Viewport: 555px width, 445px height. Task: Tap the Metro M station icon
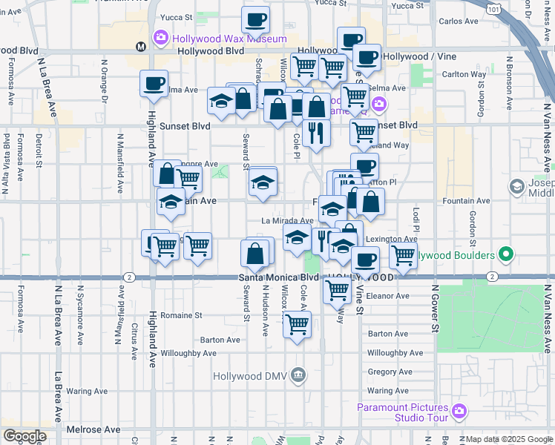click(x=140, y=47)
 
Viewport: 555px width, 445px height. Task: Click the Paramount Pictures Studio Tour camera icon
click(x=459, y=410)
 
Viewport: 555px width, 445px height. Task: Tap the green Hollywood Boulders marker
click(x=507, y=254)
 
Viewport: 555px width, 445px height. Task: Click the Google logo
click(x=24, y=436)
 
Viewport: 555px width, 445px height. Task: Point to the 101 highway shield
click(x=494, y=7)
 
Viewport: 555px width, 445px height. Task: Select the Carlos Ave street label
click(x=459, y=22)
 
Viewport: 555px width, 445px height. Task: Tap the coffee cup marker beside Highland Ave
click(x=154, y=85)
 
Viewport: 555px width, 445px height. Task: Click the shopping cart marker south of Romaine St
click(x=297, y=325)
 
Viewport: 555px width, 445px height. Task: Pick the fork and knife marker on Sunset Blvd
click(x=317, y=133)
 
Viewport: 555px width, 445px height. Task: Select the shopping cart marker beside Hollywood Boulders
click(x=403, y=256)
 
